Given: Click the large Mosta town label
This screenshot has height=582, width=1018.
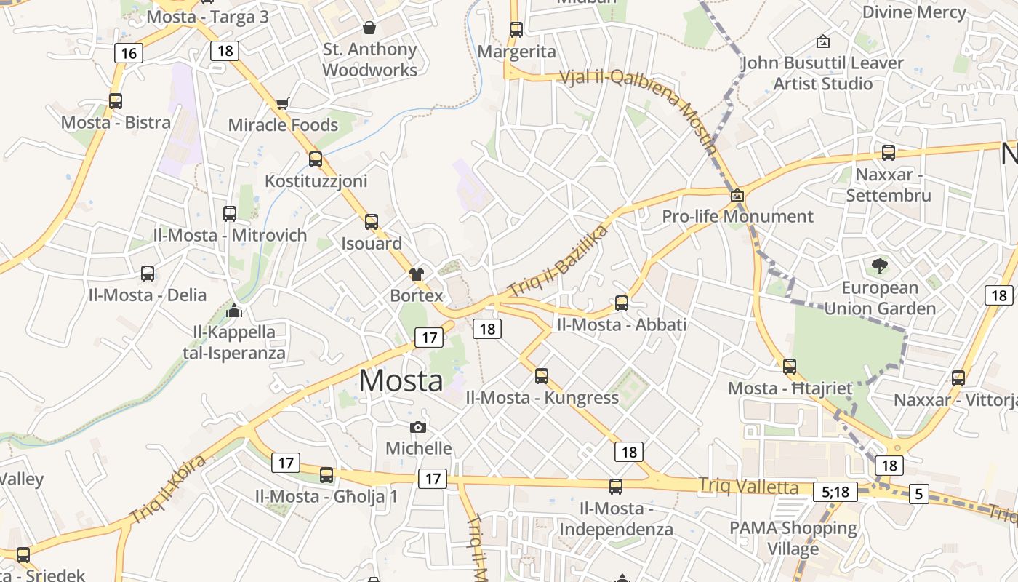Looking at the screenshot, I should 401,380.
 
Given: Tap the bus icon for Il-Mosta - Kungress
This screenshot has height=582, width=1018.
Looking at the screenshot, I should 542,375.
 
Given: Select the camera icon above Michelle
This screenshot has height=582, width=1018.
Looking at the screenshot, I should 418,427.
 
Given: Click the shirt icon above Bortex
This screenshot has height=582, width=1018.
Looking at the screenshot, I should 417,274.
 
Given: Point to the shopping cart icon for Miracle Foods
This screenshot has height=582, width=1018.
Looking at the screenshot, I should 283,103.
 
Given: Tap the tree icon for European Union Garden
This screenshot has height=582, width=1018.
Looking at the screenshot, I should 880,266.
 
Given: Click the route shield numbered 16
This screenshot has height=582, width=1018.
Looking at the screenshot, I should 129,53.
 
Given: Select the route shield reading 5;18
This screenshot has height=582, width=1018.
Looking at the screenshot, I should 835,492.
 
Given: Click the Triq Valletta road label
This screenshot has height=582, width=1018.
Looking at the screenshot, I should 748,487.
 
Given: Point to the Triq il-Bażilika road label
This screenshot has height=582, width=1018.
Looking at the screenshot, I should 558,260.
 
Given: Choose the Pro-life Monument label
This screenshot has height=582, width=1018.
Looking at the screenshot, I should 737,216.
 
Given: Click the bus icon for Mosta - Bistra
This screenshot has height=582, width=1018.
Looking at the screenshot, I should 116,101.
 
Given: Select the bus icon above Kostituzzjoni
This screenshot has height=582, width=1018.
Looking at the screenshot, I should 316,159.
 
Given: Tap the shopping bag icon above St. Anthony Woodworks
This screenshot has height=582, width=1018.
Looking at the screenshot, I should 369,28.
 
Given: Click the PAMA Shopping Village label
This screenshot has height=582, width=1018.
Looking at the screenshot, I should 793,538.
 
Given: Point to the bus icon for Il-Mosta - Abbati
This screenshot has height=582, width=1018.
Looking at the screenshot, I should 622,303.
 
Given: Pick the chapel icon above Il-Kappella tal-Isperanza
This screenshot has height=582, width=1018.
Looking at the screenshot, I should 234,311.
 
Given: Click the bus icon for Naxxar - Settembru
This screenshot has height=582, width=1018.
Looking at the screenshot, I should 889,153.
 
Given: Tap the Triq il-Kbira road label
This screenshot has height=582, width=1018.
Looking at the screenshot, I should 169,489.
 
